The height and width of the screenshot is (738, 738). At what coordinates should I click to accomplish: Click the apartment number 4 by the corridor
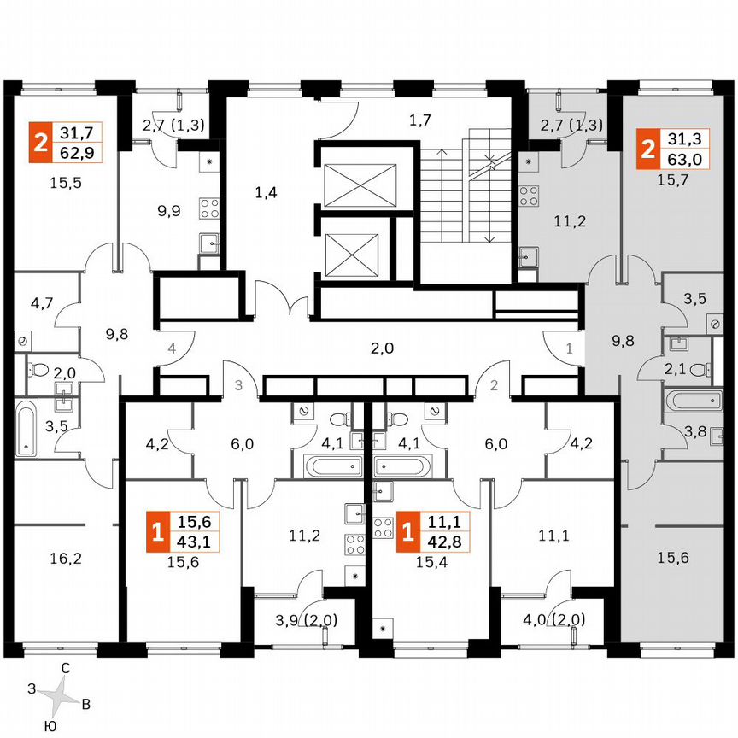171,348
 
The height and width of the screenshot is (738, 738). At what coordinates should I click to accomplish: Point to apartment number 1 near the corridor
570,348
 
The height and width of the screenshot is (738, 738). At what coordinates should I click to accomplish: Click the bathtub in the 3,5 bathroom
26,429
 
